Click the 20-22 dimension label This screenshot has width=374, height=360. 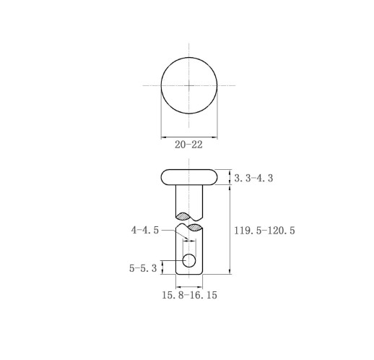188,145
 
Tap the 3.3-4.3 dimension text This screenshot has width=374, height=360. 253,179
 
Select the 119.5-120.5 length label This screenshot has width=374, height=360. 264,231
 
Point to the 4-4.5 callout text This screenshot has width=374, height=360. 145,230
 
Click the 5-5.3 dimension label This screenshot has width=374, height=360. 143,268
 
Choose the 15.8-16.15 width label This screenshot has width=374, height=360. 189,295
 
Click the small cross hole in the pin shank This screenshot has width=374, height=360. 189,261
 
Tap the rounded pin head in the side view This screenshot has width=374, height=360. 189,177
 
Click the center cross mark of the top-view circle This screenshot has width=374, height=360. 189,85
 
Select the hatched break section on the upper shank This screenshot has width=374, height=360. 183,216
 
